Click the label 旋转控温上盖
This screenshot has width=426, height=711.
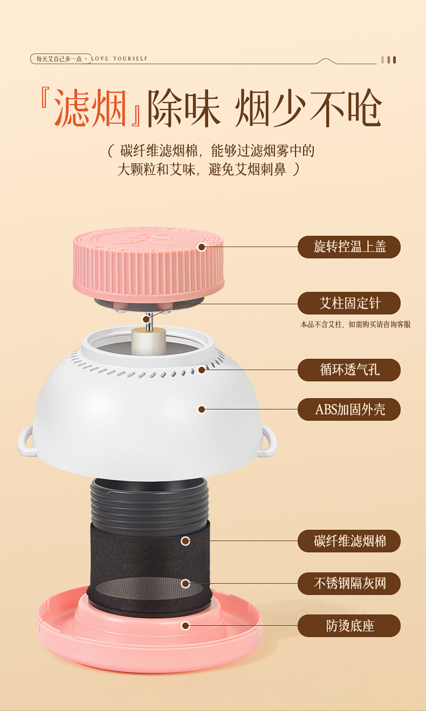click(x=349, y=247)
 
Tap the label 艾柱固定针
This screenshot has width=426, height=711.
click(x=349, y=303)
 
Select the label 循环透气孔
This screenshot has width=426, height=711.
click(x=349, y=370)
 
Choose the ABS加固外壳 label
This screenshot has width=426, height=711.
click(x=349, y=409)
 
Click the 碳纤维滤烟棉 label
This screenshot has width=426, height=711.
click(x=349, y=541)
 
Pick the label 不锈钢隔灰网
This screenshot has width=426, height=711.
click(x=349, y=583)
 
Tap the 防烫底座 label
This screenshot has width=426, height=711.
click(x=349, y=626)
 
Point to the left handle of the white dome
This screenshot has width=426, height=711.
click(x=25, y=441)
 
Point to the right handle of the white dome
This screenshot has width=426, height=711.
click(x=269, y=441)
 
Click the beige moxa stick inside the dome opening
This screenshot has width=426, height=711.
click(x=148, y=341)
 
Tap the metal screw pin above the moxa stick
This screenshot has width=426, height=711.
click(x=148, y=322)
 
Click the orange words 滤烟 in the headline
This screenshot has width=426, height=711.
click(x=90, y=108)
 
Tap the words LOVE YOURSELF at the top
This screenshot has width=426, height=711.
click(x=119, y=59)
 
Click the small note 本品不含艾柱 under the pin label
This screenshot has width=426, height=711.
click(x=321, y=324)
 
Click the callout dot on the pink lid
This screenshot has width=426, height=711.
click(x=202, y=247)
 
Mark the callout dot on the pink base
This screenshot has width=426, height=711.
click(x=185, y=626)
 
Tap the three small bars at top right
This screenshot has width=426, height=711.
click(x=389, y=60)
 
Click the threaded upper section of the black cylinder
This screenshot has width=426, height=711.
click(x=149, y=502)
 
